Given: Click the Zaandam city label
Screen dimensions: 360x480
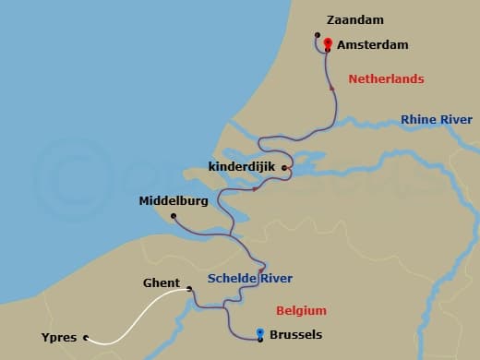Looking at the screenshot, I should click(355, 19).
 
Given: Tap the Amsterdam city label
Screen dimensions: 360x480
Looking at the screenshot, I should click(373, 44).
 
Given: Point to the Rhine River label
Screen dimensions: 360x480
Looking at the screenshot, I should click(436, 120).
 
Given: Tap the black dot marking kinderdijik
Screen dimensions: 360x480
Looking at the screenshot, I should click(285, 168).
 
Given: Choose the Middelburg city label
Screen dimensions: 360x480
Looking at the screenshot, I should click(174, 200).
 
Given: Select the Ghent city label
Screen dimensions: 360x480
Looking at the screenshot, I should click(162, 283).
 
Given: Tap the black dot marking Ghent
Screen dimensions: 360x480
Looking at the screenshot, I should click(190, 289).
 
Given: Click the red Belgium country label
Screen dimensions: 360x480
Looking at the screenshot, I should click(301, 310).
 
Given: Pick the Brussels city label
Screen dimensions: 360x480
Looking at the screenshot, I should click(301, 338).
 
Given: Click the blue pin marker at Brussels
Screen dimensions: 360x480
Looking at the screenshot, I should click(260, 334).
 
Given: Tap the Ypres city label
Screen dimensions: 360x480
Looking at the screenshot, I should click(59, 337).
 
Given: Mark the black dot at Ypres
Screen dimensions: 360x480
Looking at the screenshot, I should click(86, 338).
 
